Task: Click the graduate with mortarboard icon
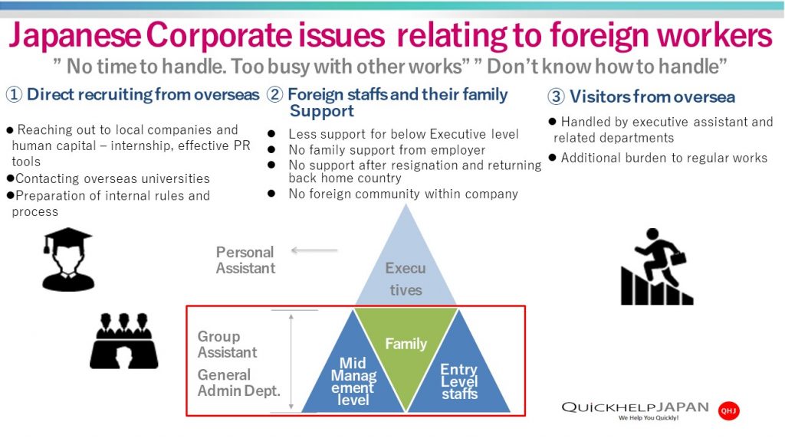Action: coord(69,260)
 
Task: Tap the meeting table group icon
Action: coord(123,340)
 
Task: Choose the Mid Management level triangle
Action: coord(353,375)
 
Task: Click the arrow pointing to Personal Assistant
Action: coord(314,250)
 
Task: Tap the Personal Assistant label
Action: coord(245,260)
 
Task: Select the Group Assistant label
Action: coord(227,345)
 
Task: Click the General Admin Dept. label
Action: coord(238,382)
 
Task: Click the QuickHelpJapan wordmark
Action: coord(635,407)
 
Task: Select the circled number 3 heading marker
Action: coord(556,97)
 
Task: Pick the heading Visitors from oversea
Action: coord(652,97)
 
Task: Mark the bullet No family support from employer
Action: coord(386,150)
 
